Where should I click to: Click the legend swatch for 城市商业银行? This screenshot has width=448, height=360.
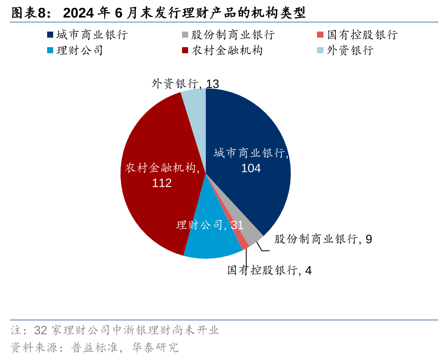(50, 35)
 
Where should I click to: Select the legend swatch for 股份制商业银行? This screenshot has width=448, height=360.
(185, 35)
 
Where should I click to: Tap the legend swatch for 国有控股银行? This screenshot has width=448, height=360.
(320, 35)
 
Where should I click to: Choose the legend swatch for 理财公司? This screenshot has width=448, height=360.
(50, 50)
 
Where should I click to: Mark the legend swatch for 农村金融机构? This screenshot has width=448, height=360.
(185, 50)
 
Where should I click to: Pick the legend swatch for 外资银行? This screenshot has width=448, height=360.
(320, 50)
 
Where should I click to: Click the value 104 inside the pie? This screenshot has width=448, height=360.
(251, 168)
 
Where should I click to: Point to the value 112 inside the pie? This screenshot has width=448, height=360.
(162, 183)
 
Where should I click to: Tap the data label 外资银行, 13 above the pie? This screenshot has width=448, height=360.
(185, 84)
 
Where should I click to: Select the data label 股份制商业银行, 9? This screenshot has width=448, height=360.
(323, 239)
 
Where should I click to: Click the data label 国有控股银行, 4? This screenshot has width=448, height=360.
(269, 270)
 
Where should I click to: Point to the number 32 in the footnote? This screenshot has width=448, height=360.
(40, 331)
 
